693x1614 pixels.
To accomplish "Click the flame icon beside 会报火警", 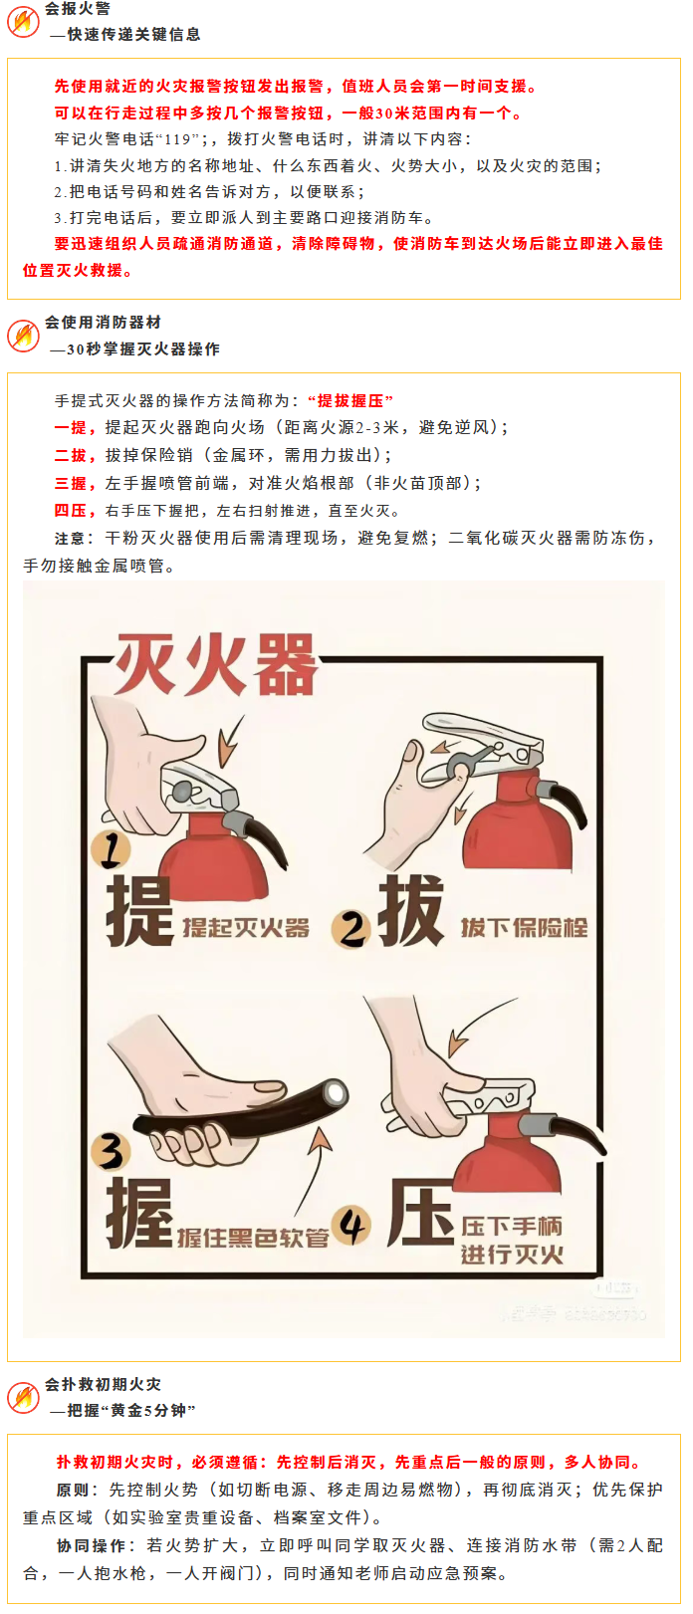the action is point(23,22).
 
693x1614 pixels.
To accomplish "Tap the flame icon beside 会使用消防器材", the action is point(23,336).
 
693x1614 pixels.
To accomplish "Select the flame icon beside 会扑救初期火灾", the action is point(23,1397).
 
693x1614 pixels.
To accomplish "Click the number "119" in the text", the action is point(177,139).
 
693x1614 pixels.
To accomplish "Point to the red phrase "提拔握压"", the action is point(350,400).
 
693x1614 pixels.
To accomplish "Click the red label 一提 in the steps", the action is point(71,428).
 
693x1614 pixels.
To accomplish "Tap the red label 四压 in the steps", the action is point(71,511).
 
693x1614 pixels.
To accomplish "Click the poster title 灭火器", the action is point(215,664).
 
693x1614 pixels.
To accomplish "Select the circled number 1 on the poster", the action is point(111,848).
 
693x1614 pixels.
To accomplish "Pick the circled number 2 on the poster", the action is point(351,929).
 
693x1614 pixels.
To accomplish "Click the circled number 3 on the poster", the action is point(111,1151).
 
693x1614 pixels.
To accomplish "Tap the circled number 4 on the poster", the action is point(351,1226).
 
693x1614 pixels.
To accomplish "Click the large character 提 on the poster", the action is point(139,911).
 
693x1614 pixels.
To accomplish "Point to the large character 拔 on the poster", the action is point(410,911).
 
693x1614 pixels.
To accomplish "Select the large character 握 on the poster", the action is point(139,1214).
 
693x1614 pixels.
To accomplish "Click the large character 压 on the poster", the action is point(421,1214).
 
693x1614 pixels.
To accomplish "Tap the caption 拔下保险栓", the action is point(525,928).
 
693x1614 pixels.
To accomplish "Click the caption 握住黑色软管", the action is point(253,1238).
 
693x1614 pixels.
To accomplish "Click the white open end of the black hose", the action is point(335,1093).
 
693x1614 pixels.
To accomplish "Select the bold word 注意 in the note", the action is point(70,539).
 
